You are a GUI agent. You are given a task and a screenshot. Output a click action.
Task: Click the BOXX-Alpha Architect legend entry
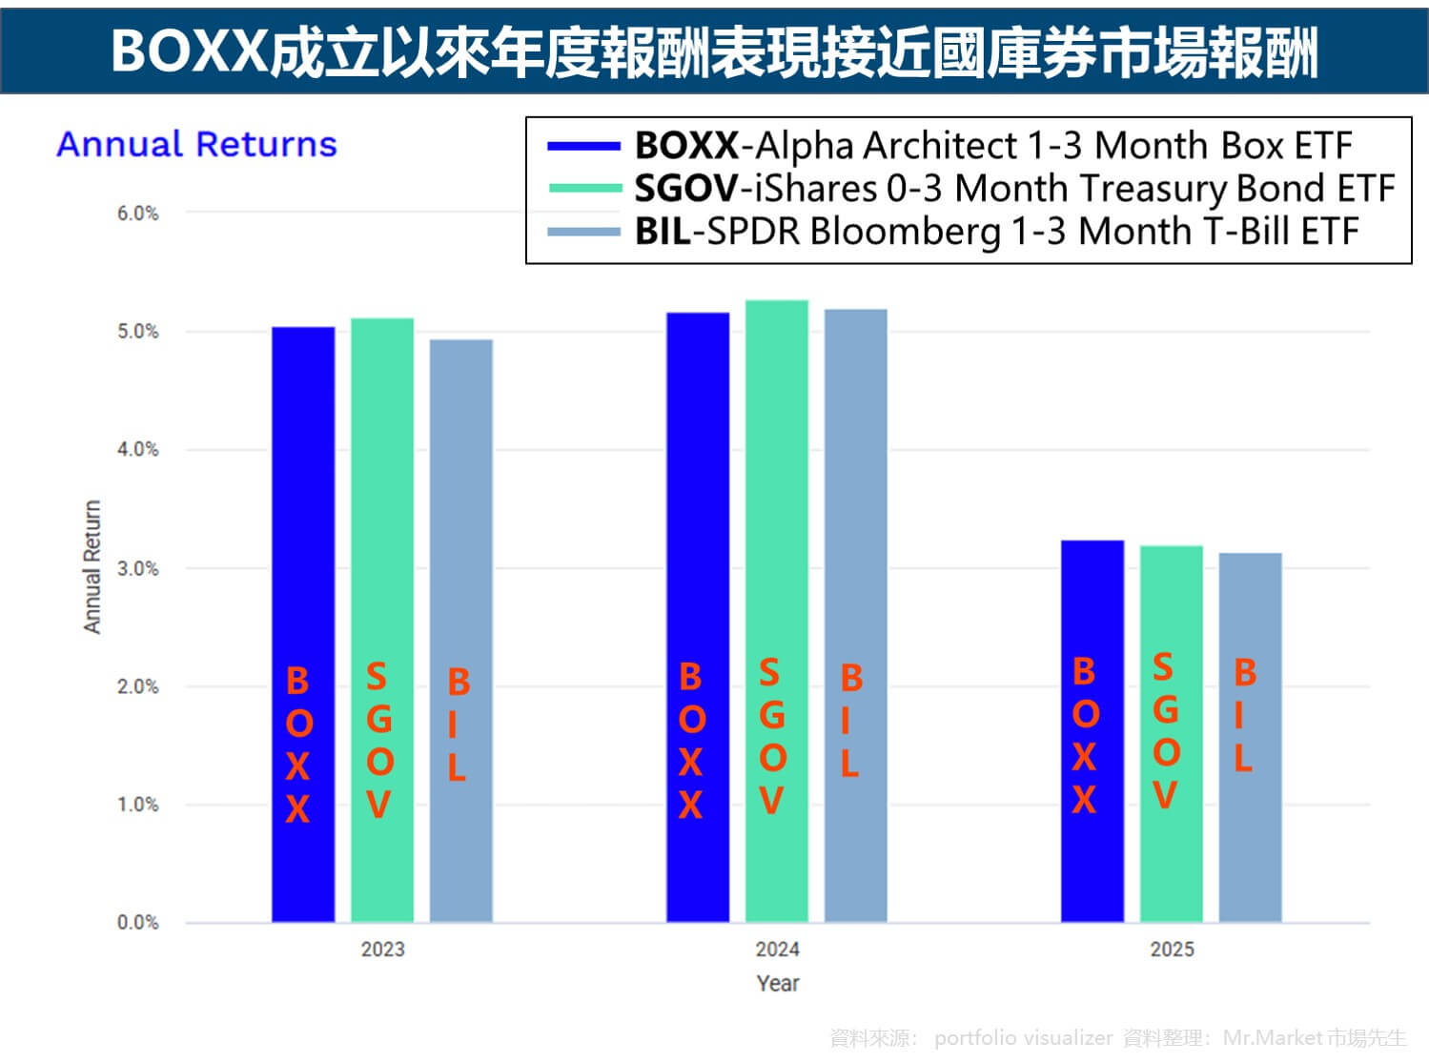[x=991, y=146]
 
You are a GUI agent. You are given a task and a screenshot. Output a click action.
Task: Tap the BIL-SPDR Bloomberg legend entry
[x=995, y=232]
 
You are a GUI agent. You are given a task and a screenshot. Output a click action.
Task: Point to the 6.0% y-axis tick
[x=137, y=214]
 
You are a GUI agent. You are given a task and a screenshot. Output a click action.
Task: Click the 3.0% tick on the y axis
[x=137, y=569]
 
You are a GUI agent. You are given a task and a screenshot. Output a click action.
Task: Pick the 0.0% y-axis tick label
[x=137, y=923]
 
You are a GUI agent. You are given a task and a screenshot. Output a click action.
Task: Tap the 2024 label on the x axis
[x=777, y=950]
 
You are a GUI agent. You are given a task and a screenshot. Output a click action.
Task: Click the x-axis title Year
[x=777, y=984]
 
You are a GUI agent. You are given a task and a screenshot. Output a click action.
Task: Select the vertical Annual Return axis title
[x=92, y=567]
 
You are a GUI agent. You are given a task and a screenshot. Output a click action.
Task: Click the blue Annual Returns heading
[x=196, y=145]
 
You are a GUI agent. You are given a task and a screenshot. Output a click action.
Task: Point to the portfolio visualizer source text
[x=1023, y=1037]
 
